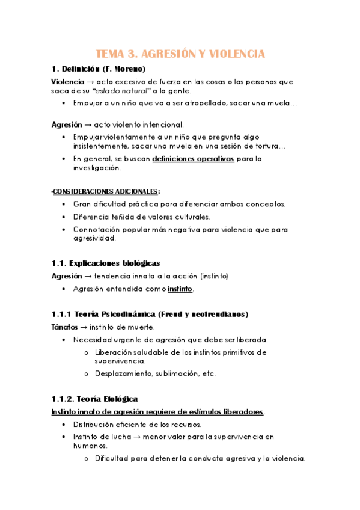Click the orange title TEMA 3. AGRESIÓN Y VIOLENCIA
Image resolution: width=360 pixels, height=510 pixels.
tap(180, 54)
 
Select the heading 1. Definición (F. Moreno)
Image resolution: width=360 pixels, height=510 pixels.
tap(98, 69)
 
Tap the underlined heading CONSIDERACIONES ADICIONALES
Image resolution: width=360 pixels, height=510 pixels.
tap(106, 191)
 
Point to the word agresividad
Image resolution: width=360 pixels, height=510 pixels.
tap(93, 238)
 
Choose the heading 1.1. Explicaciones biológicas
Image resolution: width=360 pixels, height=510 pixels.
tap(105, 263)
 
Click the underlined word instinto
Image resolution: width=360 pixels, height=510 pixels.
tap(180, 289)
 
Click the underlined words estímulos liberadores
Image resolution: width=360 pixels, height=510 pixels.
tap(225, 412)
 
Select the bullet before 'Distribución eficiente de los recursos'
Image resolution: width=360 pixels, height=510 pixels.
tap(64, 425)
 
